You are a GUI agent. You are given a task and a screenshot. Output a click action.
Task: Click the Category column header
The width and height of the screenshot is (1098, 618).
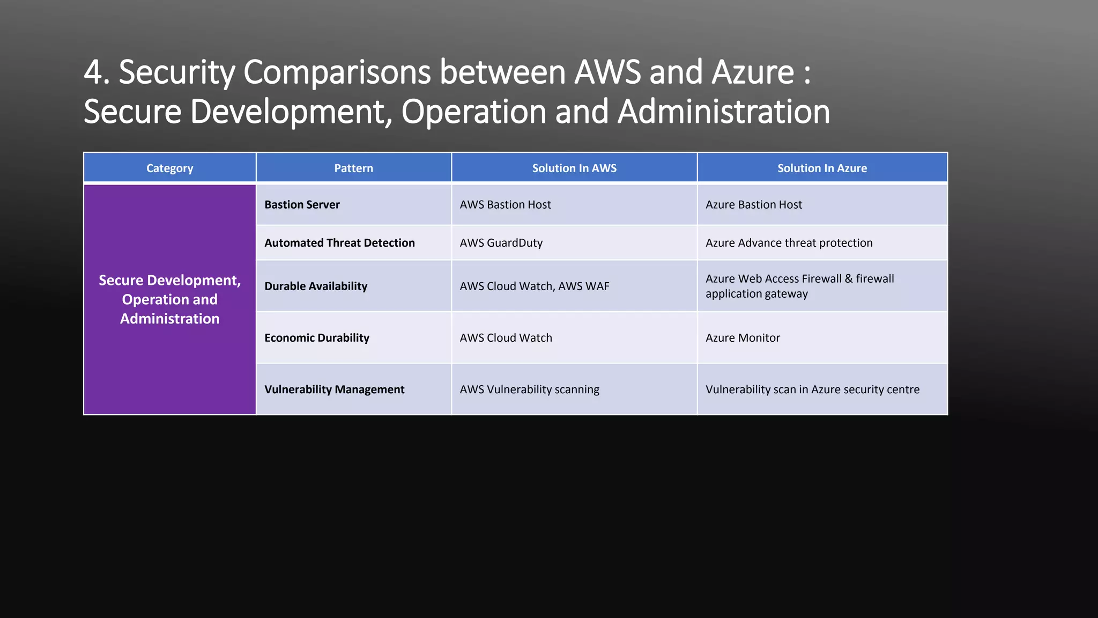point(169,168)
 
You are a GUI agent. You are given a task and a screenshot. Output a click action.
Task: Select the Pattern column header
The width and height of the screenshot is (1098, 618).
point(353,168)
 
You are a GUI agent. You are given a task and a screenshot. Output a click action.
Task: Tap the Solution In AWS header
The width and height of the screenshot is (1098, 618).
point(574,168)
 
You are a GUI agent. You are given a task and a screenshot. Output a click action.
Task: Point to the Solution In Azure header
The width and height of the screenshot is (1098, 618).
point(822,168)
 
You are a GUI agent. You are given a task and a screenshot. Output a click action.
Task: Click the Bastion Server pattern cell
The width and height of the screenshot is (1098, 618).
point(302,204)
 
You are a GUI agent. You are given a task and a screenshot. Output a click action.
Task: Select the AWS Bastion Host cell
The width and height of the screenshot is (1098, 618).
point(505,204)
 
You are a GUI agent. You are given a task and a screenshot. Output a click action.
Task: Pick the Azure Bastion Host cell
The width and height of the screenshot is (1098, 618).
point(753,204)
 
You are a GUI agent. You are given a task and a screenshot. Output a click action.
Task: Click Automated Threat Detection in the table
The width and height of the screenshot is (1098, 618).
point(339,242)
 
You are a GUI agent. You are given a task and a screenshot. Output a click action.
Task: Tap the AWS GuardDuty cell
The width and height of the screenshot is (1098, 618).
point(501,242)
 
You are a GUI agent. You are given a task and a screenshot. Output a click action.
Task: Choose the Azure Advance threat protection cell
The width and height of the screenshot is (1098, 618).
point(789,242)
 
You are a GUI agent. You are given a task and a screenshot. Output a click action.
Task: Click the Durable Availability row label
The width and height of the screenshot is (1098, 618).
point(316,286)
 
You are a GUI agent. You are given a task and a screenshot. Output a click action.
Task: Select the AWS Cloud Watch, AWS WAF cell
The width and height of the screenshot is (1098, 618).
point(535,286)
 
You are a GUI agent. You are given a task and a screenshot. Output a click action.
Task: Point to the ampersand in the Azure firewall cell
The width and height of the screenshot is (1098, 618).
point(849,278)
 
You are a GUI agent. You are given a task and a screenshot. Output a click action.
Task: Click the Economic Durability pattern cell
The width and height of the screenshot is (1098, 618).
point(317,337)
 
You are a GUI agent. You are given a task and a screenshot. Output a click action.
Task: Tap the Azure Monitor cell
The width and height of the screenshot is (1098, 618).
point(743,337)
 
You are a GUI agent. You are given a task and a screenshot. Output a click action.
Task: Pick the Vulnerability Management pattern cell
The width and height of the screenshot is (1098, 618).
point(334,389)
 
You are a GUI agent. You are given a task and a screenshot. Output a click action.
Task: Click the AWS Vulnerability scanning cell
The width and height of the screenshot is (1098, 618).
point(529,389)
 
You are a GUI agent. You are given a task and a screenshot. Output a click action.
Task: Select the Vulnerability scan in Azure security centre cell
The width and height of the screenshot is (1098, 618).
point(812,389)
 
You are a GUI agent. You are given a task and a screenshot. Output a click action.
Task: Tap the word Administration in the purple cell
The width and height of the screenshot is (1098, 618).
point(169,319)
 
